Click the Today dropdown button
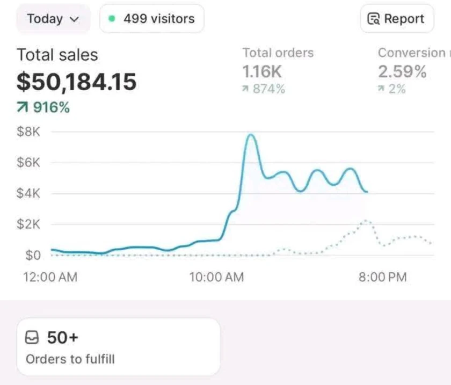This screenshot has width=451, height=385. click(x=53, y=19)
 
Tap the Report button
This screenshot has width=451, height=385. click(x=396, y=19)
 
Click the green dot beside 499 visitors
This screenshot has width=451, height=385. click(x=112, y=19)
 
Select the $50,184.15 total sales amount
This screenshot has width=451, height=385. click(x=76, y=82)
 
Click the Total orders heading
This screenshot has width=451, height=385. click(x=278, y=53)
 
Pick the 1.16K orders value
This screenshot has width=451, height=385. click(x=261, y=71)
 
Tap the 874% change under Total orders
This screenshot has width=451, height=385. click(x=264, y=89)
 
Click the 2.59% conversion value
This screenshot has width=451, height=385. click(x=402, y=71)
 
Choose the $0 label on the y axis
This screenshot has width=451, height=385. click(x=33, y=255)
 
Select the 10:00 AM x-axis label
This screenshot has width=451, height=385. click(x=216, y=277)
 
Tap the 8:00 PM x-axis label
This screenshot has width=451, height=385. click(x=383, y=277)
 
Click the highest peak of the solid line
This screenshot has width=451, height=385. click(x=250, y=135)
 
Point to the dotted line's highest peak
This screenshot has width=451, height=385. click(x=366, y=220)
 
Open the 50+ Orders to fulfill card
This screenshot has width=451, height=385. click(x=118, y=346)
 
